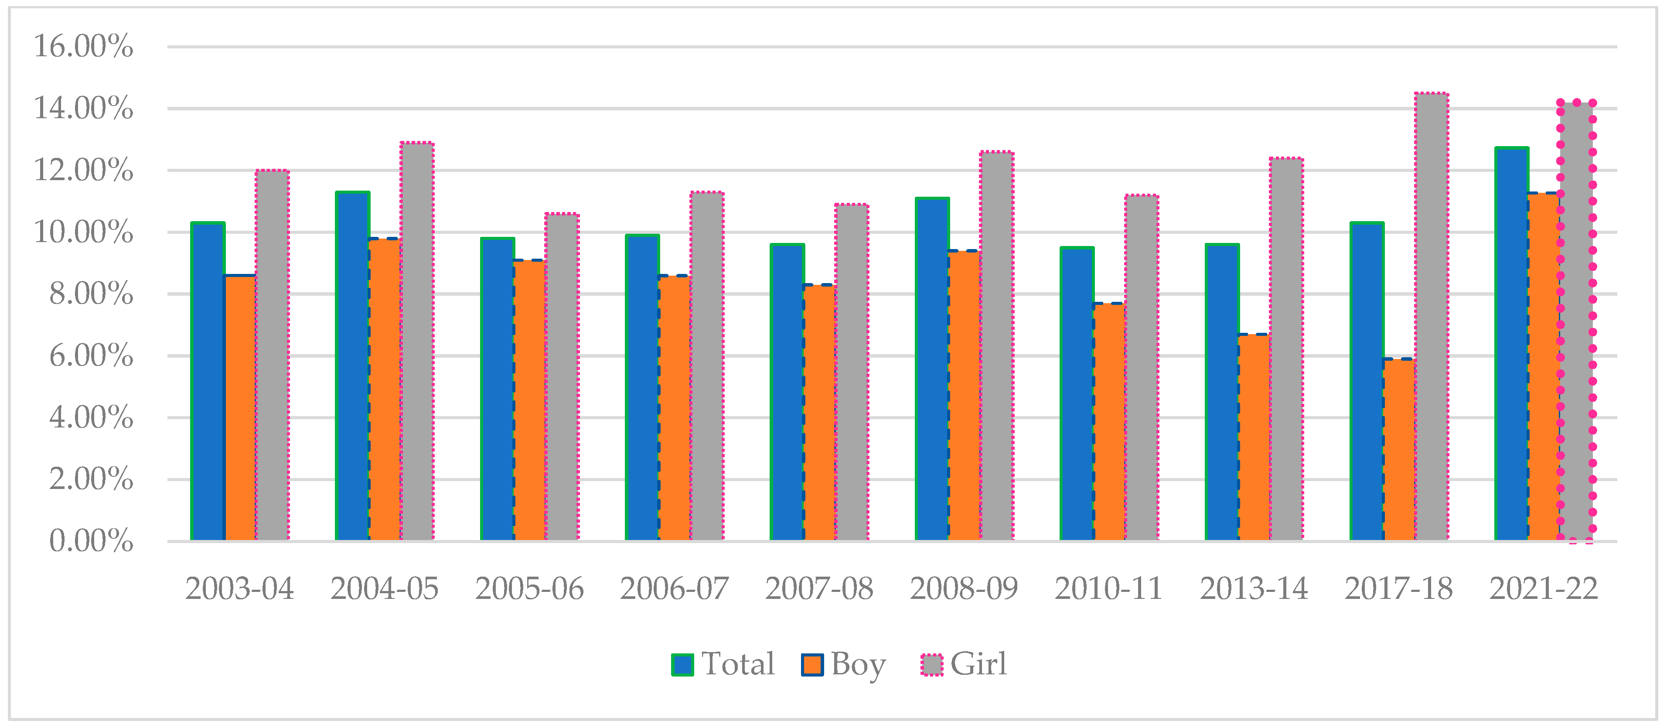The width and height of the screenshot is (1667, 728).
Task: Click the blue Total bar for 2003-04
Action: point(208,382)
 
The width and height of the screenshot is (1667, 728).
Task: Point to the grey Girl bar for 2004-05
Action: point(417,342)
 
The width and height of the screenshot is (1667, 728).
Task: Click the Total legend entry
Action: point(723,664)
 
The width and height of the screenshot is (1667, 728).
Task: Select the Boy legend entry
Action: point(843,664)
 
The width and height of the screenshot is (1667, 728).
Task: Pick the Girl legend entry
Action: point(964,664)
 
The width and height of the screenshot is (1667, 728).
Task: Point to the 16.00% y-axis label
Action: point(83,47)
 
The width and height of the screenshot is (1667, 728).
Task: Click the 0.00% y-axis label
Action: point(91,541)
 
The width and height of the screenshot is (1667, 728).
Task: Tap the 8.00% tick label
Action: point(91,294)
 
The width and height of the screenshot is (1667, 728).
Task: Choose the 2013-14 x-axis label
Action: point(1254,589)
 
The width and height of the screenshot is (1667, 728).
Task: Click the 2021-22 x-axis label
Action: point(1544,589)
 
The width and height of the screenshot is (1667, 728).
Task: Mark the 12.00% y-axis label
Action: point(83,170)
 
